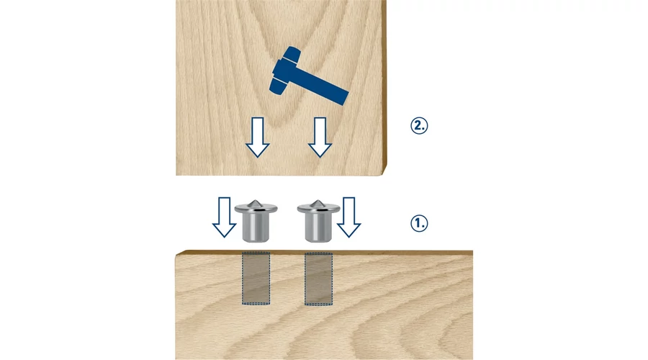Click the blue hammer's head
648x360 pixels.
click(x=284, y=70)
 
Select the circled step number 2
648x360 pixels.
click(x=419, y=126)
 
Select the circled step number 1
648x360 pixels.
click(x=419, y=223)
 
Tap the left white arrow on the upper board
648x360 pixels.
click(x=258, y=138)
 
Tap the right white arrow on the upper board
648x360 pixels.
click(x=320, y=138)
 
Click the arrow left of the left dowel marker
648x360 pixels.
click(x=225, y=217)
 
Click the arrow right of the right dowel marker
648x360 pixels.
click(x=348, y=217)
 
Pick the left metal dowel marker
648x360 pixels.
click(x=256, y=221)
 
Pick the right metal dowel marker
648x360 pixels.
click(x=318, y=221)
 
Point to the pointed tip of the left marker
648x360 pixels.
click(x=256, y=200)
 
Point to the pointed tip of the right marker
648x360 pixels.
click(x=318, y=200)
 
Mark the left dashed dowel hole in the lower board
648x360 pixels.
click(x=256, y=279)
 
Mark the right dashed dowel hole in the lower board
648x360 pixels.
click(x=319, y=279)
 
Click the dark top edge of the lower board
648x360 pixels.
click(x=325, y=252)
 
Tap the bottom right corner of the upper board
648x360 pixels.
click(x=382, y=175)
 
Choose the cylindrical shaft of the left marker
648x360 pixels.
click(x=256, y=228)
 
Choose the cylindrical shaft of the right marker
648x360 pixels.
click(x=318, y=228)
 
